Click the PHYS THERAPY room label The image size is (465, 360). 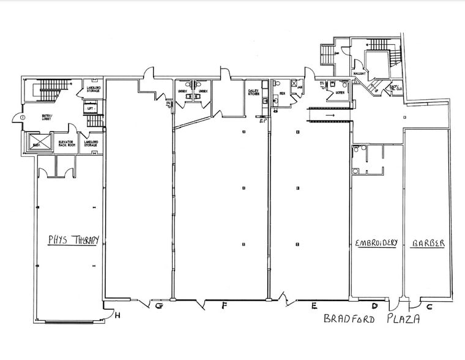[x=73, y=239]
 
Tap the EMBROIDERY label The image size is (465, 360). [x=376, y=243]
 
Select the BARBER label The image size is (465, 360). [x=428, y=243]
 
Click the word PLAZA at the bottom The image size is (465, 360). [x=404, y=319]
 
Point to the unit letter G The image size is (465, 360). [x=158, y=305]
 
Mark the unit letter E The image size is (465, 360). [x=314, y=305]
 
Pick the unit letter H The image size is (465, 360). [x=117, y=317]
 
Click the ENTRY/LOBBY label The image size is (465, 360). [x=47, y=116]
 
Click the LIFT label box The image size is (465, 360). [x=91, y=108]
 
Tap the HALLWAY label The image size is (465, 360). [x=359, y=73]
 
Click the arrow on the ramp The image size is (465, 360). [x=329, y=114]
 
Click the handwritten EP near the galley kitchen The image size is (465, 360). [x=262, y=121]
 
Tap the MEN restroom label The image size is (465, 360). [x=283, y=94]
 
